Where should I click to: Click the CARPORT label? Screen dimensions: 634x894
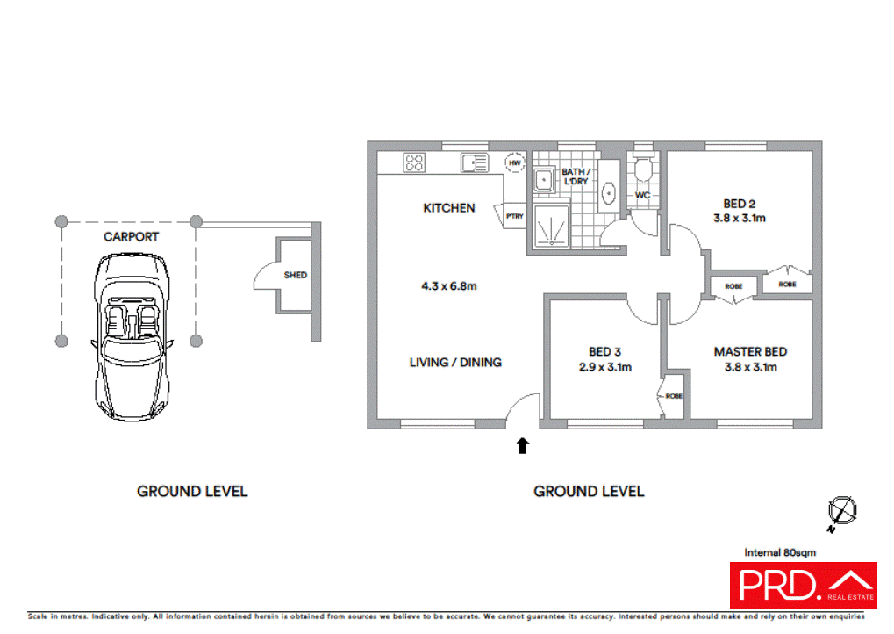(x=131, y=236)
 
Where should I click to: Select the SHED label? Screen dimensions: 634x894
(x=296, y=275)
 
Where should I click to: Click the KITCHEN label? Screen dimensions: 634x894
(x=449, y=208)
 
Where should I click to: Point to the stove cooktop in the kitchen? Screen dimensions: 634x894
(x=414, y=162)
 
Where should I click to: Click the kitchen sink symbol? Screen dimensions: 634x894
(x=475, y=162)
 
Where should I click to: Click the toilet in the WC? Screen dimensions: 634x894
(x=643, y=169)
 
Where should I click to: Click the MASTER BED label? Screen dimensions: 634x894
(x=750, y=351)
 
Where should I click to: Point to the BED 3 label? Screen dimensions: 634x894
(x=604, y=351)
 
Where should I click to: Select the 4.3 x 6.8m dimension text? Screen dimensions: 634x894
(x=449, y=285)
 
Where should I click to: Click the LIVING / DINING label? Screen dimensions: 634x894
(x=455, y=362)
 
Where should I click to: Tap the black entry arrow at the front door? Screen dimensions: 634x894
(x=522, y=446)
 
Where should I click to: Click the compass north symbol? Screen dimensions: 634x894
(x=842, y=510)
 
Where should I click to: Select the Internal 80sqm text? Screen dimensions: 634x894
(x=780, y=552)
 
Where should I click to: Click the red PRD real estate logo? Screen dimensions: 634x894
(x=804, y=585)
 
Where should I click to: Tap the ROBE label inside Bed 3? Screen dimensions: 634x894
(x=674, y=396)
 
